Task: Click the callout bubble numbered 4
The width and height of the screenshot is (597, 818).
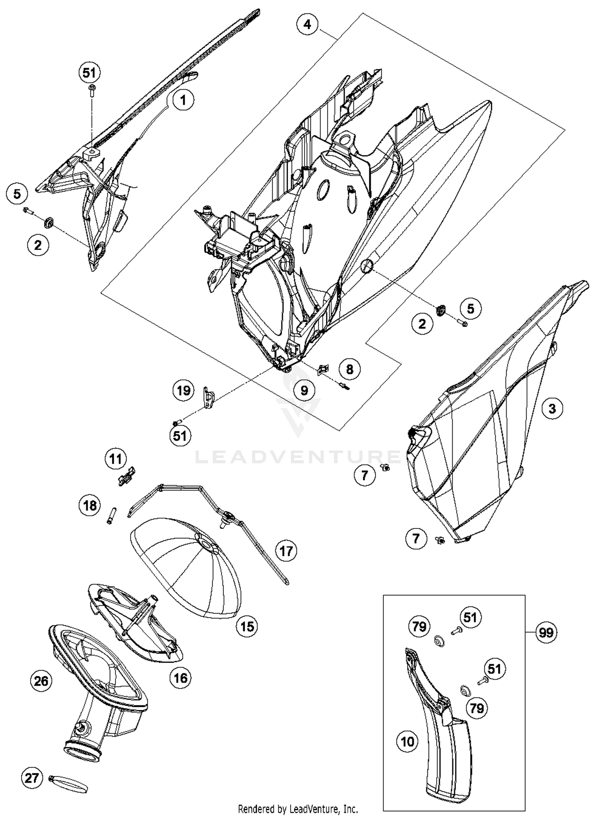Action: click(307, 25)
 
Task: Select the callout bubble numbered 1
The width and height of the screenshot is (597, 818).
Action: click(183, 100)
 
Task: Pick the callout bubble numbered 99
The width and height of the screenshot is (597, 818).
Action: click(546, 632)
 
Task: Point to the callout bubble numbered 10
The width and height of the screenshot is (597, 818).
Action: click(408, 742)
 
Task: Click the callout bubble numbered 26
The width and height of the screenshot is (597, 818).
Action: click(41, 681)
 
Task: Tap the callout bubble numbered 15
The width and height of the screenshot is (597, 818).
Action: click(247, 626)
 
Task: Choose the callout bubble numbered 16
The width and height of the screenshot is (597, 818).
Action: click(180, 677)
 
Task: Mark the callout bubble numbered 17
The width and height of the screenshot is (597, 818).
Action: click(286, 551)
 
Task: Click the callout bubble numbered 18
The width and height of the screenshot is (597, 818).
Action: click(90, 505)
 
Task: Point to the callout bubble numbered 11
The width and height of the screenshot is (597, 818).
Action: click(115, 459)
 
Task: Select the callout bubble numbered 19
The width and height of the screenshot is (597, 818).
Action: click(183, 390)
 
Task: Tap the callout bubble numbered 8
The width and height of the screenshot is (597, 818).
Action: click(349, 369)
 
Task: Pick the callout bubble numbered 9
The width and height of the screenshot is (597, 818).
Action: click(304, 390)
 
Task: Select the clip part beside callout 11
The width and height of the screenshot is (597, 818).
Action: click(127, 476)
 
